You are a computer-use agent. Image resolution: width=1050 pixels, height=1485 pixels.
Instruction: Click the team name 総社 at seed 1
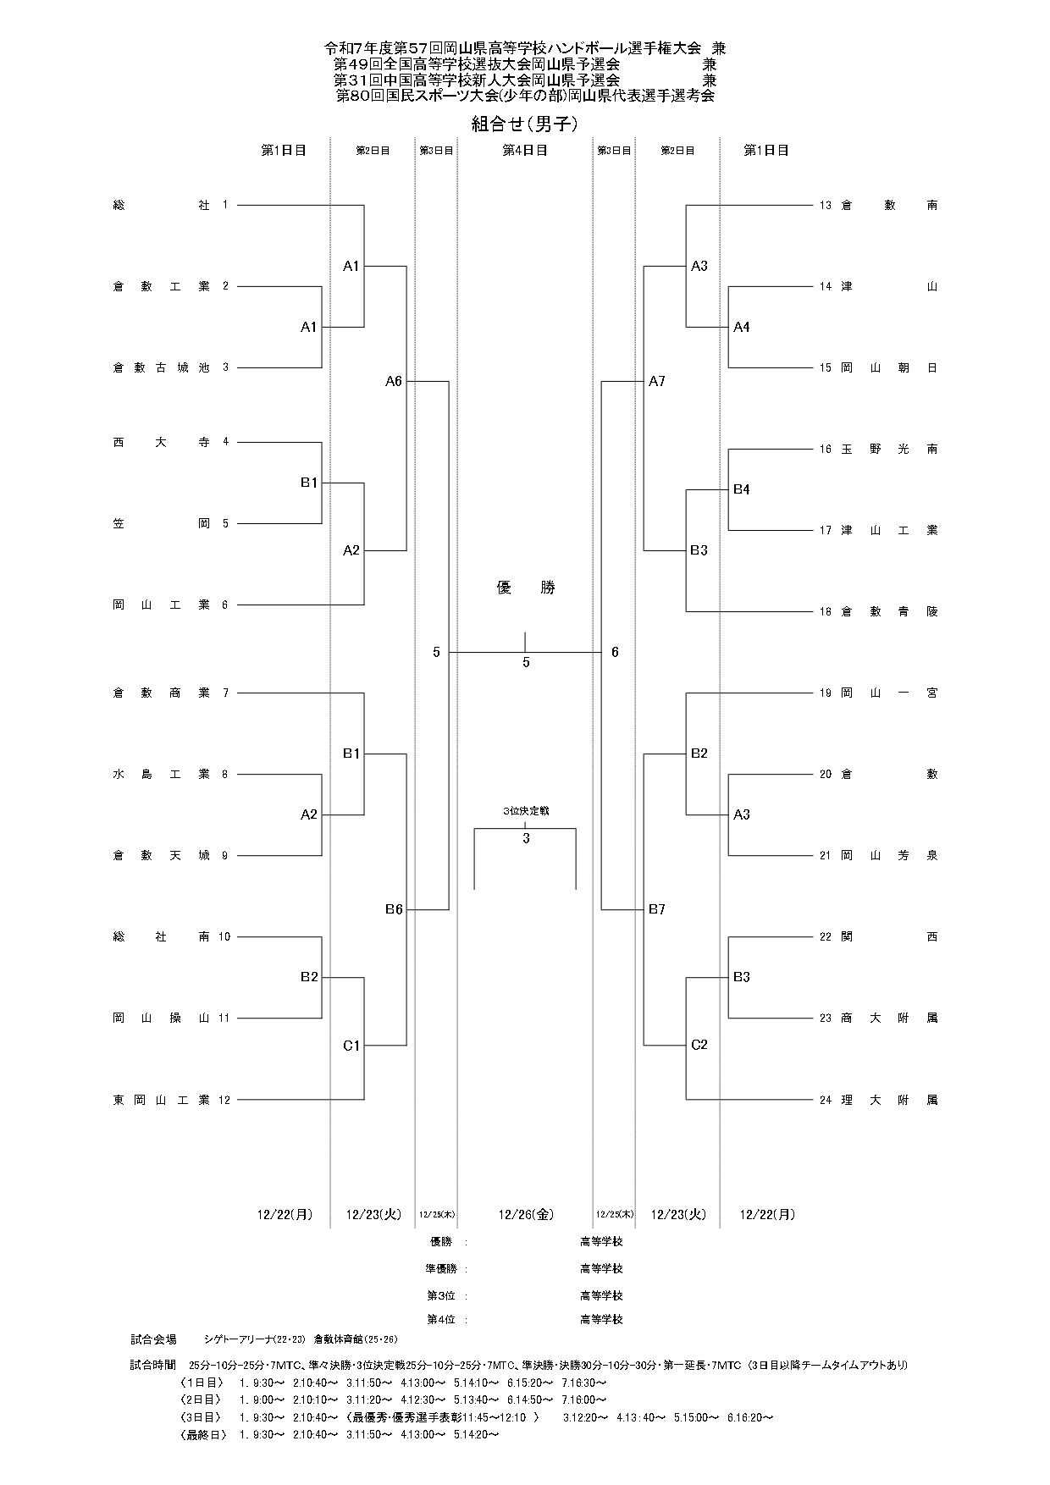[x=161, y=205]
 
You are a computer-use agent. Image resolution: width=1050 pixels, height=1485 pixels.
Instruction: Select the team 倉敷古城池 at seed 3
[x=161, y=367]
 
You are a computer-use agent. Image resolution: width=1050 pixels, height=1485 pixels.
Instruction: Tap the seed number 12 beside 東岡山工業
[x=224, y=1100]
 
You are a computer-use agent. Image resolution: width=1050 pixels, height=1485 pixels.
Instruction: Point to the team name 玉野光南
[x=889, y=449]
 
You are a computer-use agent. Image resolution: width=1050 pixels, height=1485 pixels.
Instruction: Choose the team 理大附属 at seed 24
[x=889, y=1100]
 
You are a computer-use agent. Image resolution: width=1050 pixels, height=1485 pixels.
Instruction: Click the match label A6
[x=394, y=382]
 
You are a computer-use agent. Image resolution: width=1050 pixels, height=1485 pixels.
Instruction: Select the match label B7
[x=656, y=909]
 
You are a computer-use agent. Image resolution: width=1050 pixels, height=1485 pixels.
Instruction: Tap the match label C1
[x=351, y=1046]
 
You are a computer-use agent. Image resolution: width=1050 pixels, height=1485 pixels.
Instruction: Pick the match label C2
[x=699, y=1045]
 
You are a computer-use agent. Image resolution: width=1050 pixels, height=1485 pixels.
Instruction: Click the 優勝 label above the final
[x=525, y=588]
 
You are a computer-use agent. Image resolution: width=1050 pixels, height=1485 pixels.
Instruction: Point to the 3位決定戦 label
[x=525, y=811]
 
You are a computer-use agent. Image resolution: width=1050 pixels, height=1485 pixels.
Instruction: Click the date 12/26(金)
[x=525, y=1214]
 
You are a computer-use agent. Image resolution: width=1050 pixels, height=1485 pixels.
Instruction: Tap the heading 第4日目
[x=525, y=150]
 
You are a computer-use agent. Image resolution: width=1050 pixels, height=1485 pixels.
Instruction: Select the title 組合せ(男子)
[x=525, y=124]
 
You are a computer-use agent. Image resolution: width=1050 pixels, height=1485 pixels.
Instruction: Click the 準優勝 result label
[x=441, y=1269]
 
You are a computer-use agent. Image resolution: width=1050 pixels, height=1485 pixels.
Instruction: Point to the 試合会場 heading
[x=153, y=1339]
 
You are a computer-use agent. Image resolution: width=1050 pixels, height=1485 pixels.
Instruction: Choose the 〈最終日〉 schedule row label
[x=200, y=1434]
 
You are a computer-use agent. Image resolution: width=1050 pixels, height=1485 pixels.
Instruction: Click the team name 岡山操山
[x=161, y=1019]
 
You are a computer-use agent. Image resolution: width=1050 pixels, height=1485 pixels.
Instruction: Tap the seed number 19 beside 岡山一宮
[x=826, y=693]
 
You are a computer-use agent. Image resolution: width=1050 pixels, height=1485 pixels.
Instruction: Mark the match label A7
[x=656, y=382]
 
